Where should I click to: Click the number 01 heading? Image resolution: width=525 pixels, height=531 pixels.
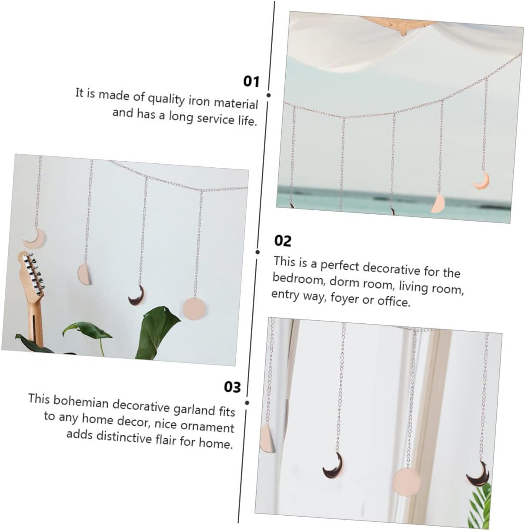251,82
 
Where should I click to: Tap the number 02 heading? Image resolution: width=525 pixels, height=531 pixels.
283,241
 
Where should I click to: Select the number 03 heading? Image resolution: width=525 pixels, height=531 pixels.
232,387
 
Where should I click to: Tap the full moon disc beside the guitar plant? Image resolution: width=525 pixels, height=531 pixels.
194,309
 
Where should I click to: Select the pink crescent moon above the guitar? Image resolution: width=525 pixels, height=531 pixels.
35,238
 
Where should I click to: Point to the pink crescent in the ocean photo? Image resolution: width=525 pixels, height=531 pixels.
482,181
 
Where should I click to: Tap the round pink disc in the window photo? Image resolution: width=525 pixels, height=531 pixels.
407,481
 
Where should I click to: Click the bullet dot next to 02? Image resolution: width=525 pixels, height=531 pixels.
257,252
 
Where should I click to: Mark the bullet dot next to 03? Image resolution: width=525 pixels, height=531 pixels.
247,403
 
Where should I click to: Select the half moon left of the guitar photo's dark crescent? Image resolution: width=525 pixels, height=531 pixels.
84,273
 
